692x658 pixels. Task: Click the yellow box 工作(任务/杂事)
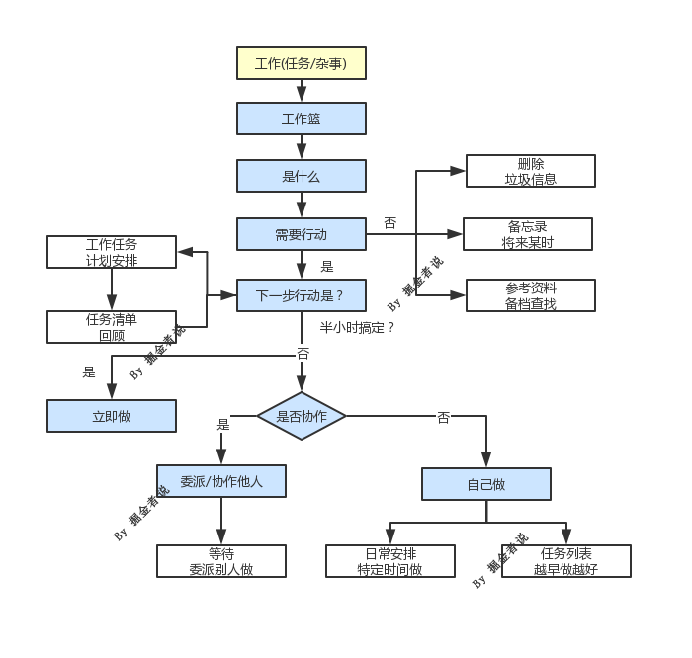click(x=302, y=63)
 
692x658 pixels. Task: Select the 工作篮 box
click(x=302, y=119)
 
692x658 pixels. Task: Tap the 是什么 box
click(x=302, y=176)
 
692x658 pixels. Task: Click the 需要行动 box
click(x=302, y=234)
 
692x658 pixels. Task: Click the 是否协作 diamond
click(x=302, y=416)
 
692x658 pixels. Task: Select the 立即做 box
click(x=112, y=416)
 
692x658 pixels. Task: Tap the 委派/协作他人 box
click(x=221, y=481)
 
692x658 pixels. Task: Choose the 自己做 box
click(x=486, y=484)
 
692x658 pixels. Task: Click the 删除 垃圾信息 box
click(x=531, y=171)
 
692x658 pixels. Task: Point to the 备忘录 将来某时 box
click(x=528, y=234)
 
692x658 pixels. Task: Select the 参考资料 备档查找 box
click(x=531, y=295)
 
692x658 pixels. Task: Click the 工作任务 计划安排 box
click(x=112, y=252)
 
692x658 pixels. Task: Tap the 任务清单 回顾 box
click(x=112, y=327)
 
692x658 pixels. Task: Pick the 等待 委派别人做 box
click(x=221, y=561)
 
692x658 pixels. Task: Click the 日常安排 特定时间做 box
click(x=390, y=561)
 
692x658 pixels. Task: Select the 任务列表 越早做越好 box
click(x=566, y=561)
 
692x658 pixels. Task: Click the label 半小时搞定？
click(x=357, y=327)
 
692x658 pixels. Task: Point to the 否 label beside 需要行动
click(x=390, y=223)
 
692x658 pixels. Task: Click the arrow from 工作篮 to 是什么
click(x=302, y=147)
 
